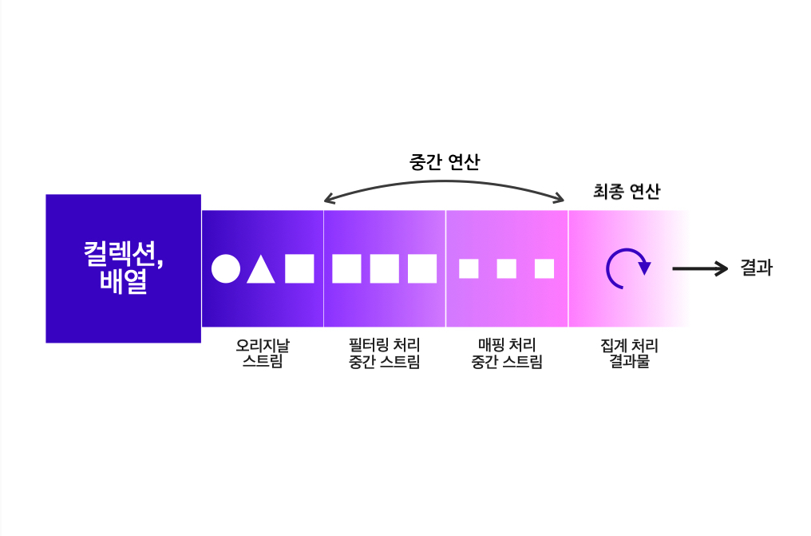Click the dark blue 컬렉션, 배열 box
pyautogui.click(x=123, y=268)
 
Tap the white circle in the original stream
pyautogui.click(x=226, y=269)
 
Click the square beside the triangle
pyautogui.click(x=299, y=269)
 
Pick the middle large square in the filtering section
pyautogui.click(x=385, y=269)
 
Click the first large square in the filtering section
pyautogui.click(x=347, y=269)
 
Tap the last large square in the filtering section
pyautogui.click(x=422, y=269)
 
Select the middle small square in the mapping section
pyautogui.click(x=507, y=269)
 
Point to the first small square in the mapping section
pyautogui.click(x=469, y=269)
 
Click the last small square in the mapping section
pyautogui.click(x=544, y=269)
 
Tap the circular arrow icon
pyautogui.click(x=627, y=268)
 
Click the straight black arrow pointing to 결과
pyautogui.click(x=700, y=269)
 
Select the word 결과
pyautogui.click(x=756, y=268)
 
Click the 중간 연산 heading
pyautogui.click(x=445, y=162)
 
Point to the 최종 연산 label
pyautogui.click(x=627, y=192)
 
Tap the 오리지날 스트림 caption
pyautogui.click(x=263, y=354)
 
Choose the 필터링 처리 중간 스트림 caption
pyautogui.click(x=385, y=354)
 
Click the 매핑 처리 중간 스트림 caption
pyautogui.click(x=507, y=354)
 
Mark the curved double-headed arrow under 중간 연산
pyautogui.click(x=445, y=184)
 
